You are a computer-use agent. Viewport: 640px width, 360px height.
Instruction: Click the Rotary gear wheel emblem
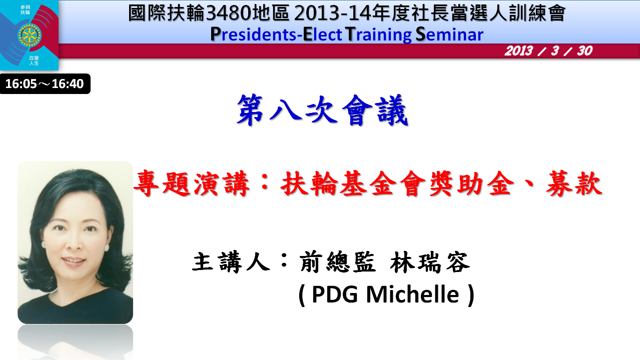30,35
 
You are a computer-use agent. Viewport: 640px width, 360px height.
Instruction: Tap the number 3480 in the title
229,13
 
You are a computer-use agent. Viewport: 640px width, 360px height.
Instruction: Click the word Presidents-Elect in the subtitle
276,34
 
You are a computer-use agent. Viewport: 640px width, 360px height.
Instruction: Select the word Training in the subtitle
379,35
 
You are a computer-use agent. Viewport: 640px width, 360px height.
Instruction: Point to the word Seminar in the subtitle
449,34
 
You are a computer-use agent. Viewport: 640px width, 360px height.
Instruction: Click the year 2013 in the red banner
518,51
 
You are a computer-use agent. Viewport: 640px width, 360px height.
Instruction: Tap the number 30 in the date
584,51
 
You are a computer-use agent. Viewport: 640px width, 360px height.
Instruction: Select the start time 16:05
21,84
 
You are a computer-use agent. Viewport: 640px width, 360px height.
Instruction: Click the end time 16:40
68,84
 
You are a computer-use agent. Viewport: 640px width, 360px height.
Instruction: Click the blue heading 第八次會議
322,110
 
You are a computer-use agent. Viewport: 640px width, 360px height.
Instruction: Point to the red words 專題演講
192,183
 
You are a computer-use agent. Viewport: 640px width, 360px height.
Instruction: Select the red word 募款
574,183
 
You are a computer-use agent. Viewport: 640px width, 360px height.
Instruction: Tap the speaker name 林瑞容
430,262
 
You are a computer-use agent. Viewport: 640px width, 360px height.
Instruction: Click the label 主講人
231,262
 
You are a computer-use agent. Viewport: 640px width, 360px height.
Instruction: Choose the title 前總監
337,262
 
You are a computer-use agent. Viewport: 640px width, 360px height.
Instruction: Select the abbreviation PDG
335,294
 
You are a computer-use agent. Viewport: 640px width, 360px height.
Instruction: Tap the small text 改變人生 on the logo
34,60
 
